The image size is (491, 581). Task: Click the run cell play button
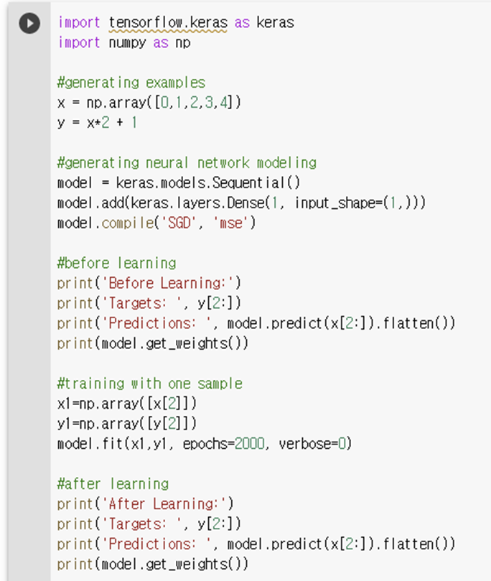(x=29, y=24)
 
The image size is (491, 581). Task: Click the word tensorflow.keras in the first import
(x=167, y=23)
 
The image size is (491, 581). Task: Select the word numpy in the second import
(x=128, y=42)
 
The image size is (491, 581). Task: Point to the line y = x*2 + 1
(x=97, y=123)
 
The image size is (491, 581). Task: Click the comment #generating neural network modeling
(x=187, y=163)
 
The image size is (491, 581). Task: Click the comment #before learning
(x=116, y=263)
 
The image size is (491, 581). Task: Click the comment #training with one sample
(x=149, y=384)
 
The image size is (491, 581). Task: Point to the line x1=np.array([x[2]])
(x=126, y=404)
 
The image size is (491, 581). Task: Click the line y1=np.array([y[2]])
(x=126, y=424)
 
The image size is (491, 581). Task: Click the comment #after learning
(x=113, y=483)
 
